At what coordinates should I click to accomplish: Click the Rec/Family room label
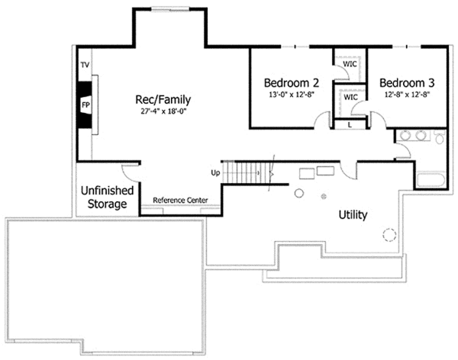click(x=163, y=99)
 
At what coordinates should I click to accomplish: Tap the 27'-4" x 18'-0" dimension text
click(x=163, y=111)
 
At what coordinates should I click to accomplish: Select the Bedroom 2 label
click(x=292, y=82)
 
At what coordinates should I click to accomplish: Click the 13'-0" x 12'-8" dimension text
click(x=292, y=95)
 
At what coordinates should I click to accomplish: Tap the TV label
click(x=85, y=66)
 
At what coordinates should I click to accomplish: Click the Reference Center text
click(x=181, y=201)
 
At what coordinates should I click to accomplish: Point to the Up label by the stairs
click(x=215, y=172)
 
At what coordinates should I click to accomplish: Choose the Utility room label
click(x=353, y=215)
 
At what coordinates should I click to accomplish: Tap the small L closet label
click(x=350, y=124)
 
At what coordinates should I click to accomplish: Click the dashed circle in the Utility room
click(x=389, y=235)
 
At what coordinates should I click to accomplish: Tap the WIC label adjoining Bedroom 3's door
click(x=350, y=98)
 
